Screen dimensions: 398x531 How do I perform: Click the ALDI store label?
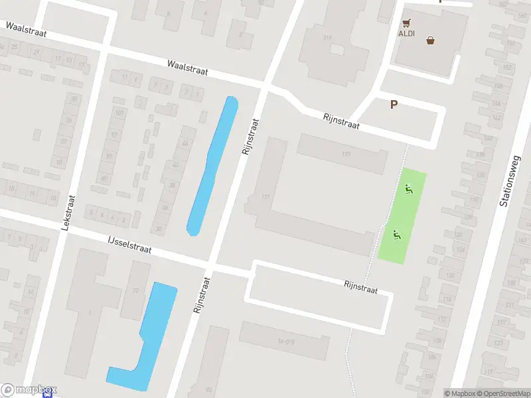click(x=406, y=33)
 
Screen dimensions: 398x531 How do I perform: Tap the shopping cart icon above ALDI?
click(x=406, y=22)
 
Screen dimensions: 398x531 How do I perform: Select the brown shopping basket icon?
click(x=431, y=40)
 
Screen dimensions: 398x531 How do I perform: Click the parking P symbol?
click(x=394, y=104)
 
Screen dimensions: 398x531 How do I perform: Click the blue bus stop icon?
click(x=47, y=393)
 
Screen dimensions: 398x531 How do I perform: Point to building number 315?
click(x=327, y=38)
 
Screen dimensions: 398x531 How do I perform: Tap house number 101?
click(x=119, y=113)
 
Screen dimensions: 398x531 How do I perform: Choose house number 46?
click(x=184, y=144)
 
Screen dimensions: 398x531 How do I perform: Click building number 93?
click(x=208, y=389)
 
